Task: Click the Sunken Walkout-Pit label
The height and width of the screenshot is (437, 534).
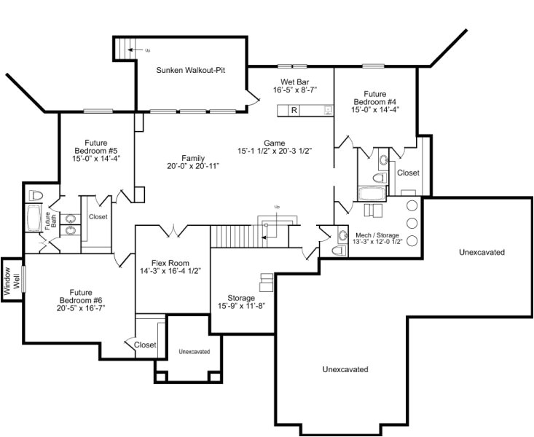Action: (191, 70)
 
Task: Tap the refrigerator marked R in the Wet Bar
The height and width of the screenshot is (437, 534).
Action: (294, 111)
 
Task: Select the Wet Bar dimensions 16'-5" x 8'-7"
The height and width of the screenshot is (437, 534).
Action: (295, 90)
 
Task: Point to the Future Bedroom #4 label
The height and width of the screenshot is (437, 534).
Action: (375, 98)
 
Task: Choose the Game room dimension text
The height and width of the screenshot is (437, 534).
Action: (275, 151)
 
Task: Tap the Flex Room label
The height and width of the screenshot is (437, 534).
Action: (170, 263)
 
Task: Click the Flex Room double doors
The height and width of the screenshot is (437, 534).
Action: (173, 231)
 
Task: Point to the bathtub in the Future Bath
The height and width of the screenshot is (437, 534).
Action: (34, 218)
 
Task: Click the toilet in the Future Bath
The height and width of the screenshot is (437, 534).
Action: (36, 195)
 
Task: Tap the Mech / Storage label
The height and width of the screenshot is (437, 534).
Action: (377, 235)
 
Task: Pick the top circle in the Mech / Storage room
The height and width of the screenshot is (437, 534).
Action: (412, 206)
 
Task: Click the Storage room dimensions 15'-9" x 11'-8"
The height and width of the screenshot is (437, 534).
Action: (241, 306)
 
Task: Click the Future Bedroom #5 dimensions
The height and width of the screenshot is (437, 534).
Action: (96, 158)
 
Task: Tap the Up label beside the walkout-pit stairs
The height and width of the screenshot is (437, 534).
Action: (147, 50)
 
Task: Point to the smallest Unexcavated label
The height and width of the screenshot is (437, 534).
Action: (194, 352)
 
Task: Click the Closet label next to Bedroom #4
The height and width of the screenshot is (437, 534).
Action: (408, 173)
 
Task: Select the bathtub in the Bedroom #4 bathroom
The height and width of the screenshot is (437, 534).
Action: (372, 194)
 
